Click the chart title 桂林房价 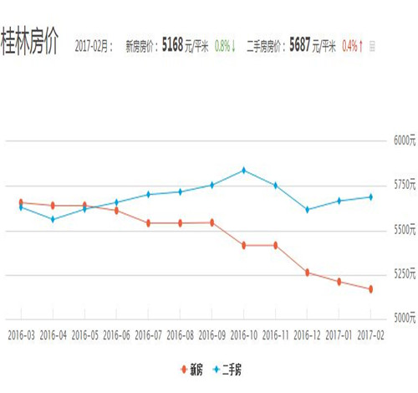29,43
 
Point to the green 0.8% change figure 223,47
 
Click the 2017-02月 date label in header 93,47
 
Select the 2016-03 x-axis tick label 21,334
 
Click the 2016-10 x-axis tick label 243,334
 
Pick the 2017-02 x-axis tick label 370,334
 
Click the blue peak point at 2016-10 243,171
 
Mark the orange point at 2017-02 370,289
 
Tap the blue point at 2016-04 53,219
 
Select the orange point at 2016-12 307,273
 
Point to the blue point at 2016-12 307,210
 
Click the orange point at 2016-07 148,223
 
